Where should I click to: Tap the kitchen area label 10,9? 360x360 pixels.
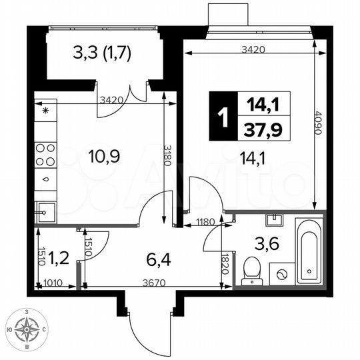click(103, 158)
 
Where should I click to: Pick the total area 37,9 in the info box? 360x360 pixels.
click(264, 129)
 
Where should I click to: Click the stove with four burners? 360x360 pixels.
click(45, 155)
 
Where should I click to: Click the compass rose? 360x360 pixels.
click(27, 329)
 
